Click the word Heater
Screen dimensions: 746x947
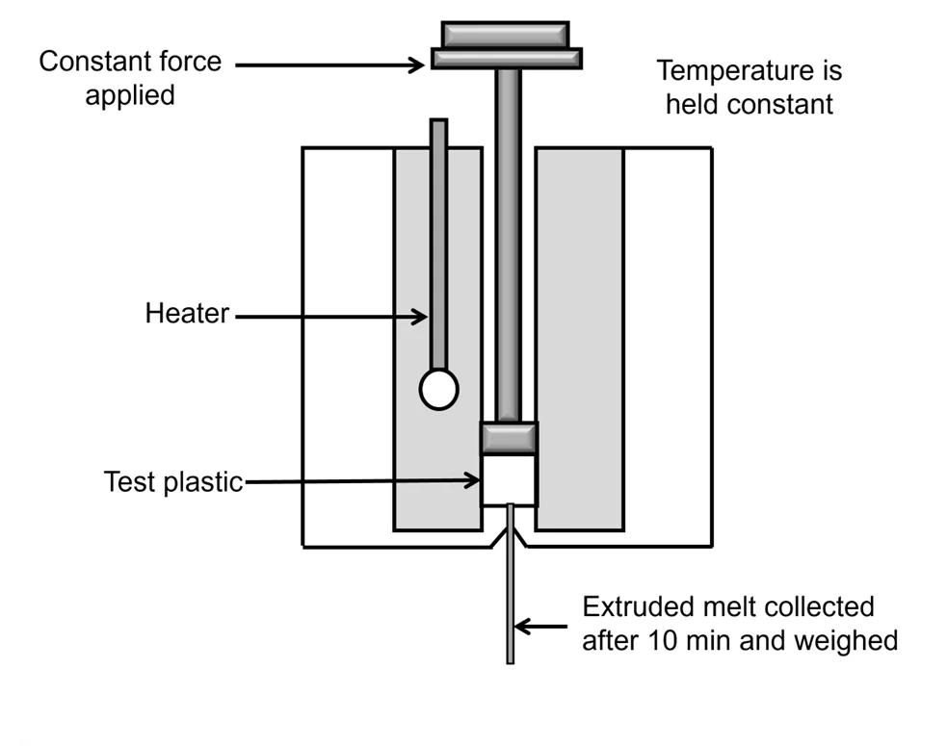tap(187, 314)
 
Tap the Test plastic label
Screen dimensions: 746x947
tap(173, 480)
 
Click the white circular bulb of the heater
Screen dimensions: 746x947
tap(438, 389)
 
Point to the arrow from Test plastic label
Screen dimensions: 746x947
tap(361, 481)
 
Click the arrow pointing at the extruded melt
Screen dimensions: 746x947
tap(544, 627)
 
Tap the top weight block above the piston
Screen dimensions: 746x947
tap(506, 34)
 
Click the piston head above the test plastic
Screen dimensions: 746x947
tap(508, 438)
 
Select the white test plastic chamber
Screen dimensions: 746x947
tap(508, 479)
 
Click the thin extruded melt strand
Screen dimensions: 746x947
tap(510, 606)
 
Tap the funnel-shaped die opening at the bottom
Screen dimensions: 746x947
tap(510, 527)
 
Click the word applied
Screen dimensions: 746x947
tap(130, 96)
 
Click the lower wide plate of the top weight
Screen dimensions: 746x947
tap(506, 59)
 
